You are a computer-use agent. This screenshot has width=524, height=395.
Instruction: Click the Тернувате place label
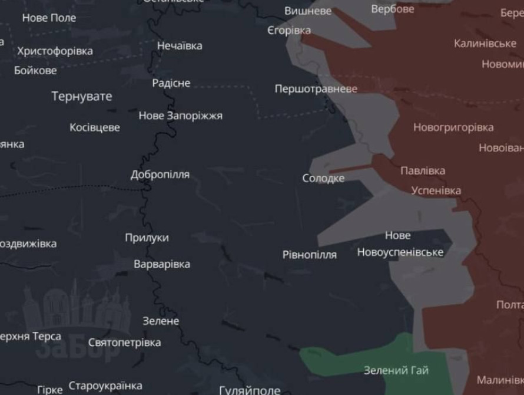tap(81, 96)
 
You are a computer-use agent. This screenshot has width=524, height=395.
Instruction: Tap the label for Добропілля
tap(160, 175)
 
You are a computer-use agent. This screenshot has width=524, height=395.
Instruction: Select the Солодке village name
tap(323, 178)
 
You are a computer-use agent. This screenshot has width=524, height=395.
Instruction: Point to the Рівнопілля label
tap(310, 255)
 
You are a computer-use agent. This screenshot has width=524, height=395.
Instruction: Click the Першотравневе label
tap(316, 89)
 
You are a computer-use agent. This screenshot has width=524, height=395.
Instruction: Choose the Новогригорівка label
tap(453, 127)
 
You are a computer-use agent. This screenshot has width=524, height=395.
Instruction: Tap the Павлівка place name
tap(423, 171)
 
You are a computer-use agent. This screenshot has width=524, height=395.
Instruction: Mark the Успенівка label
tap(436, 191)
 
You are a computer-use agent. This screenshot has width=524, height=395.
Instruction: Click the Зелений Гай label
tap(396, 371)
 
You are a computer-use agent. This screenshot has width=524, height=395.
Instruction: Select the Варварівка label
tap(162, 264)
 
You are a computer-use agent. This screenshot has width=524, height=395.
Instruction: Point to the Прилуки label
tap(147, 238)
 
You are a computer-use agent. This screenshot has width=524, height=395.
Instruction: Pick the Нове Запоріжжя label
tap(181, 116)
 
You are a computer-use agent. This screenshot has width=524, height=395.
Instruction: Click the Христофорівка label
tap(55, 51)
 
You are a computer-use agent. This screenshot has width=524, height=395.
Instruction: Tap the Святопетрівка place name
tap(124, 343)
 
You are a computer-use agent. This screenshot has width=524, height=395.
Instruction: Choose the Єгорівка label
tap(288, 31)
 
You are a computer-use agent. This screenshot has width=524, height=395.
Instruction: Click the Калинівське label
tap(485, 44)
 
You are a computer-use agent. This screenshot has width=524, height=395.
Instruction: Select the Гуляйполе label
tap(250, 390)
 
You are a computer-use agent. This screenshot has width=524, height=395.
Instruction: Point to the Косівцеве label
tap(95, 127)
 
